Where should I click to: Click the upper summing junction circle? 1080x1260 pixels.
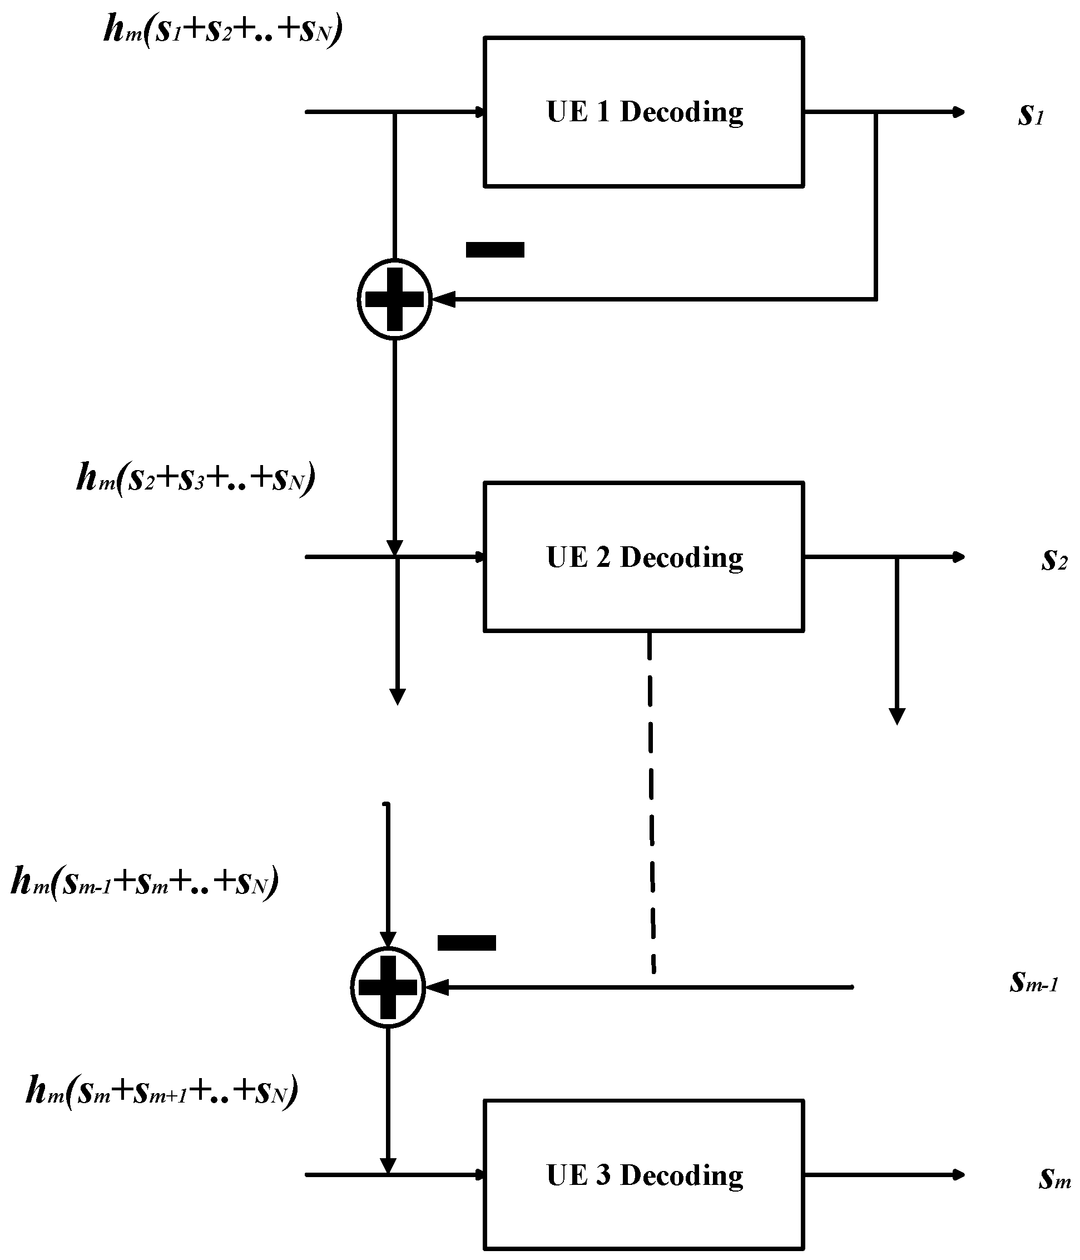pyautogui.click(x=394, y=299)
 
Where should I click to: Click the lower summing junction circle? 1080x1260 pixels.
pyautogui.click(x=388, y=987)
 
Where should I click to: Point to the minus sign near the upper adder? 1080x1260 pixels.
pyautogui.click(x=495, y=250)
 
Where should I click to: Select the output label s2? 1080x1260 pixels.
pyautogui.click(x=1053, y=560)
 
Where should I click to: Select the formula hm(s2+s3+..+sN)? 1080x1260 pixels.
pyautogui.click(x=196, y=477)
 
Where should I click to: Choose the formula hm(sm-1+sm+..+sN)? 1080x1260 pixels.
pyautogui.click(x=145, y=881)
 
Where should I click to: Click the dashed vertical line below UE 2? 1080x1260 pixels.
pyautogui.click(x=651, y=803)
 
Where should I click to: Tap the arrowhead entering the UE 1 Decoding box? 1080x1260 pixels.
pyautogui.click(x=480, y=112)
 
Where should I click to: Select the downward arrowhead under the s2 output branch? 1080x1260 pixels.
pyautogui.click(x=897, y=717)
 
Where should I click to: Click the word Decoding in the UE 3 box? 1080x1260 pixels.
pyautogui.click(x=681, y=1175)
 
